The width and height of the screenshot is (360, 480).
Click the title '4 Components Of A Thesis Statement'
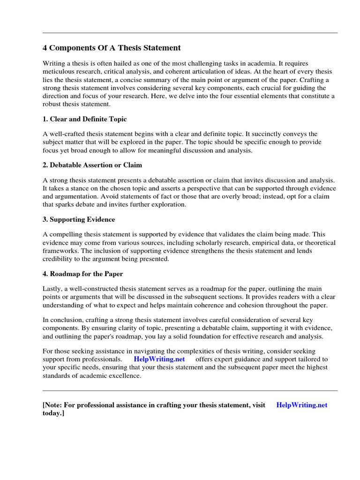click(x=112, y=48)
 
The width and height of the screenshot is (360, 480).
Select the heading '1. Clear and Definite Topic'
click(x=84, y=119)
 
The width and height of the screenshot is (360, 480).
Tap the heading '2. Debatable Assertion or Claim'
click(x=92, y=165)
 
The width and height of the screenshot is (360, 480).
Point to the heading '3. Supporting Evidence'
click(x=79, y=219)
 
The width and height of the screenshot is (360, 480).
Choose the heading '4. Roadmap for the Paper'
click(x=83, y=274)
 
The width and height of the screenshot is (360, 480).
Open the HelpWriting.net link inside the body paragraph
click(x=159, y=359)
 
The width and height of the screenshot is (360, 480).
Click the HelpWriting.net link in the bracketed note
click(x=302, y=405)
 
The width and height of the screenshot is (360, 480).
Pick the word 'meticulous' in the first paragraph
click(x=59, y=71)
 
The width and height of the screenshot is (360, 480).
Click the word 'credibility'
click(x=59, y=259)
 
